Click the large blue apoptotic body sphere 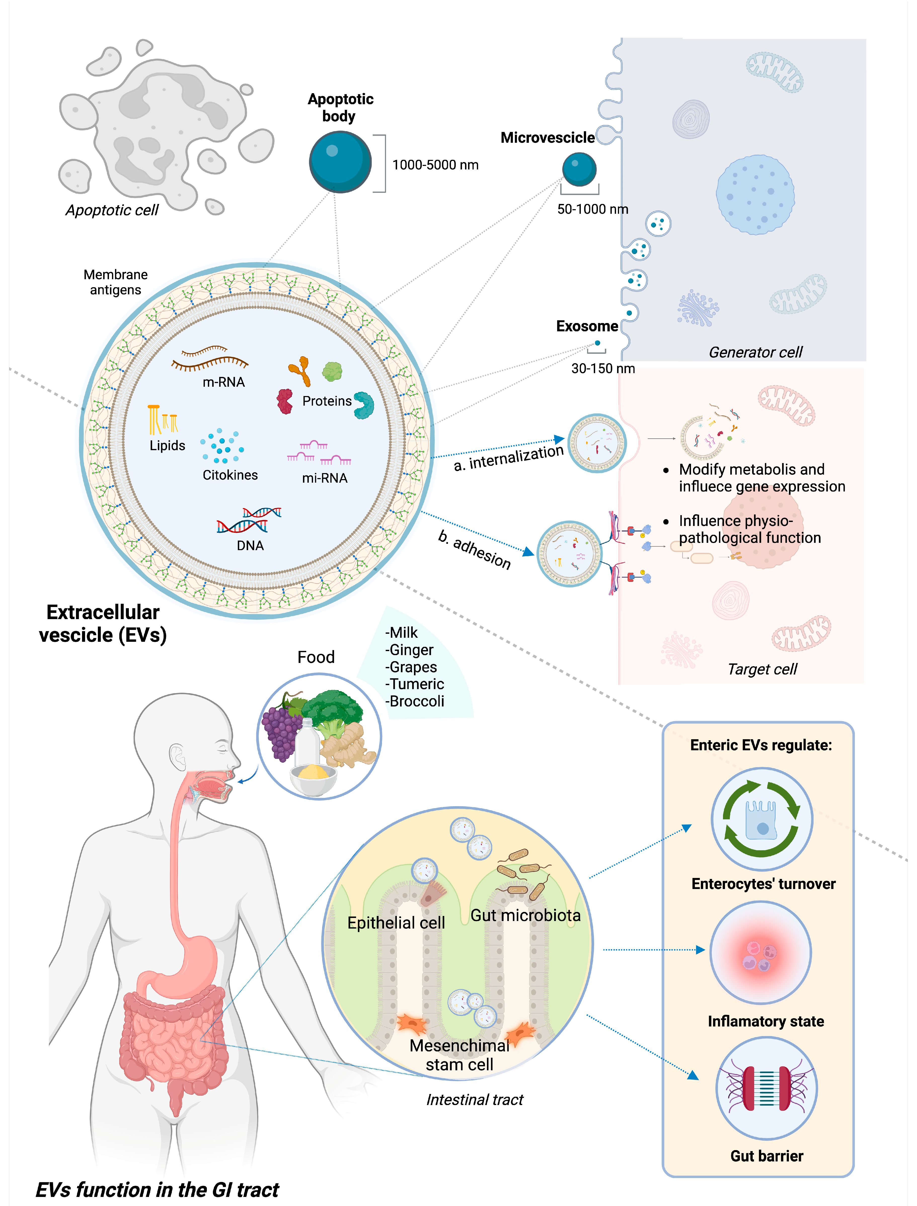pyautogui.click(x=340, y=162)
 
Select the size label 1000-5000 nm pyautogui.click(x=435, y=165)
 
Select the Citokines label pyautogui.click(x=230, y=475)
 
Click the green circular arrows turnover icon pyautogui.click(x=761, y=819)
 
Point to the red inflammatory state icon pyautogui.click(x=760, y=953)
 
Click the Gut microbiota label pyautogui.click(x=525, y=915)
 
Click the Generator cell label pyautogui.click(x=755, y=352)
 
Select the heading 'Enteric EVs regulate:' pyautogui.click(x=761, y=746)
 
